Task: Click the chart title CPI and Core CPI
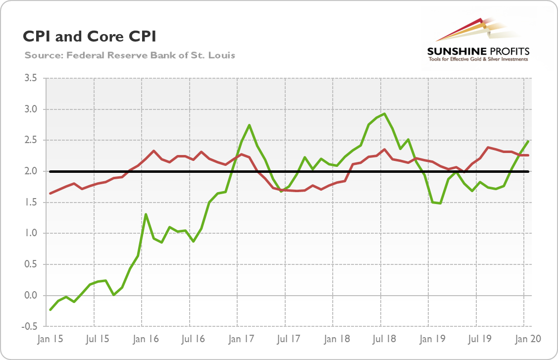point(89,37)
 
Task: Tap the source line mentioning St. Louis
point(129,55)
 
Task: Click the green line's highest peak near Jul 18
point(385,114)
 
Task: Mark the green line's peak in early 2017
point(249,125)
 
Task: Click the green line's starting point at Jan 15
point(50,310)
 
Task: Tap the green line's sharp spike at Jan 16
point(146,214)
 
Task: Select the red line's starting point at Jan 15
point(50,193)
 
